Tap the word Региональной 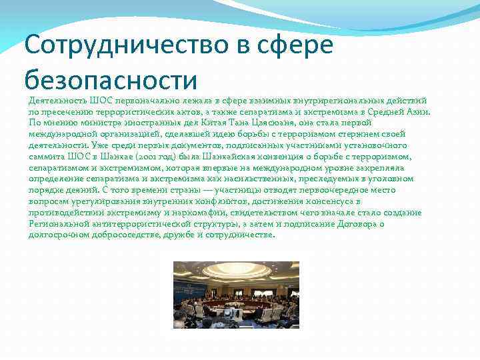(58, 223)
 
